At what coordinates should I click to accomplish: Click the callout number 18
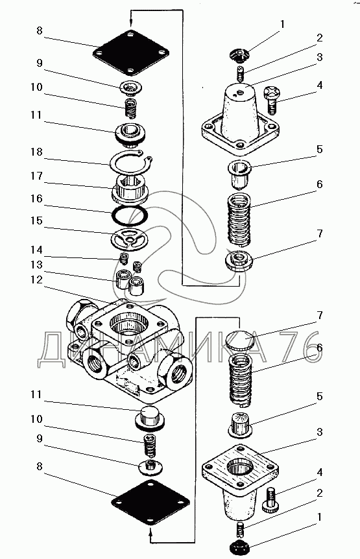pos(36,152)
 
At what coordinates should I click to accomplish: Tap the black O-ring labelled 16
pos(130,216)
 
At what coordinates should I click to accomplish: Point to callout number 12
pos(36,280)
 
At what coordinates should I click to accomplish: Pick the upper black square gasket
pos(131,53)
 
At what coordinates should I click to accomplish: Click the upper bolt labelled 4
pos(272,101)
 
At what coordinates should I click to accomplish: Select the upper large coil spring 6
pos(239,220)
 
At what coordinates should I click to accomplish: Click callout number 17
pos(36,176)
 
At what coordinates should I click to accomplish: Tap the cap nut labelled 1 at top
pos(239,55)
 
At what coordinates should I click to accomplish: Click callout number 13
pos(36,265)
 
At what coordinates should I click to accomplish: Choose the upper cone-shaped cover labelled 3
pos(240,119)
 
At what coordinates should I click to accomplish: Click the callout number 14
pos(36,250)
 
